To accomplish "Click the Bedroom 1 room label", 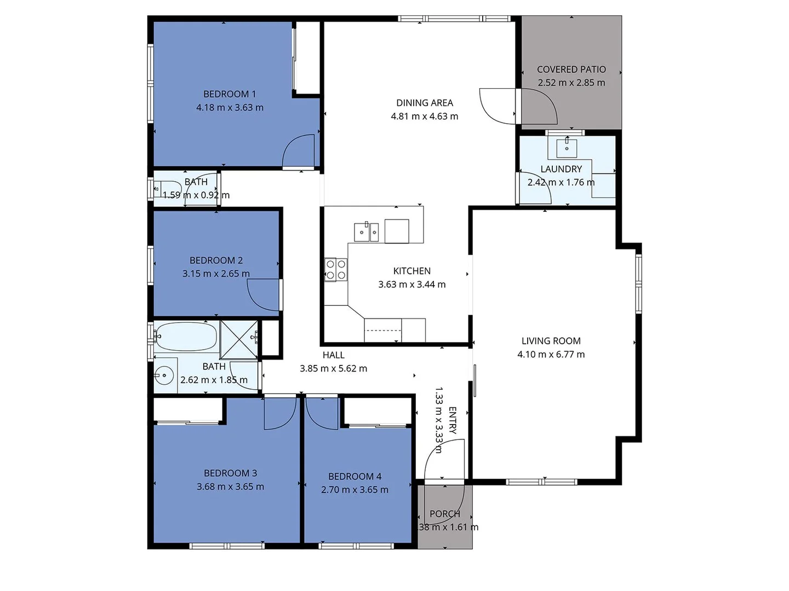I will pos(230,94).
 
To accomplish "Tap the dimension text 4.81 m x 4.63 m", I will pos(424,117).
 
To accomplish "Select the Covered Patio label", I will pos(571,69).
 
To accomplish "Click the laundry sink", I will pos(567,148).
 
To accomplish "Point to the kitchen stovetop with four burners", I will pos(335,269).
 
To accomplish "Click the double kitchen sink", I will pos(366,232).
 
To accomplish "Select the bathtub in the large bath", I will pos(186,336).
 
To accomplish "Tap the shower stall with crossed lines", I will pos(239,340).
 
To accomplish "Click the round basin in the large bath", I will pos(164,375).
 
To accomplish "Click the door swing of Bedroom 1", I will pos(299,150).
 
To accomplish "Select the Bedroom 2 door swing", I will pos(264,294).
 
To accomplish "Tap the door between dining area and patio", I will pos(498,105).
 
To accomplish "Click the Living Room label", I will pos(551,341).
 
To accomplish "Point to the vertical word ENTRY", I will pos(453,420).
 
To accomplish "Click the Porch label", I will pos(444,514).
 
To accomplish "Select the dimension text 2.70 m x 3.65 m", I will pos(355,490).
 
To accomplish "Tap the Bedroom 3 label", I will pos(230,473).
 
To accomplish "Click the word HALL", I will pos(333,355).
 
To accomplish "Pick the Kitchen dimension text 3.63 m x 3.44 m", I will pos(411,285).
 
